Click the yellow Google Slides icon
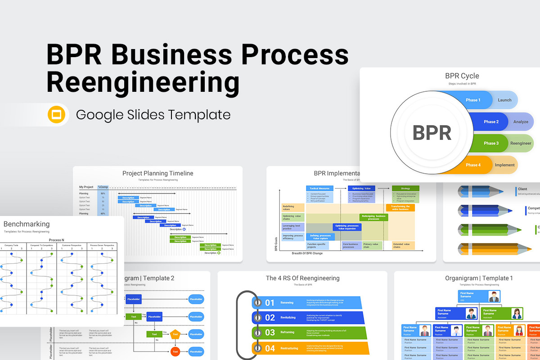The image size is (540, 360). click(x=57, y=115)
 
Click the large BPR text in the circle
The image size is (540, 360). click(x=432, y=133)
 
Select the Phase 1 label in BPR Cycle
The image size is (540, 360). click(x=472, y=100)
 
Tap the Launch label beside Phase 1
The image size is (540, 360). click(x=504, y=100)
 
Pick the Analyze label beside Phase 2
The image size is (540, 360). click(x=521, y=121)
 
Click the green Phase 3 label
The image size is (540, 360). click(x=491, y=143)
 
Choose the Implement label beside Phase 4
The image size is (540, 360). click(x=504, y=165)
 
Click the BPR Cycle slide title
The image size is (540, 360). click(x=462, y=76)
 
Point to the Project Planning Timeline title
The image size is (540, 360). click(x=157, y=173)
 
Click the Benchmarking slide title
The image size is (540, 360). click(x=27, y=224)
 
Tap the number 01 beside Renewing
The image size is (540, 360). click(x=270, y=303)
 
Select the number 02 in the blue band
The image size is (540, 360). click(x=270, y=318)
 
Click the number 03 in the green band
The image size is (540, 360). click(x=270, y=333)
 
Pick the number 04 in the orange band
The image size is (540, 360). click(x=270, y=348)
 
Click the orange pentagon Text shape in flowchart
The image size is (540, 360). click(x=175, y=334)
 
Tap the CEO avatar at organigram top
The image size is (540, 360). click(x=494, y=297)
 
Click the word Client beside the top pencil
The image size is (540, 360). click(x=522, y=189)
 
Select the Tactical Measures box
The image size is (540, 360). click(x=319, y=189)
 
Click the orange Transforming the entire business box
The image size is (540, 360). click(x=400, y=207)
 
